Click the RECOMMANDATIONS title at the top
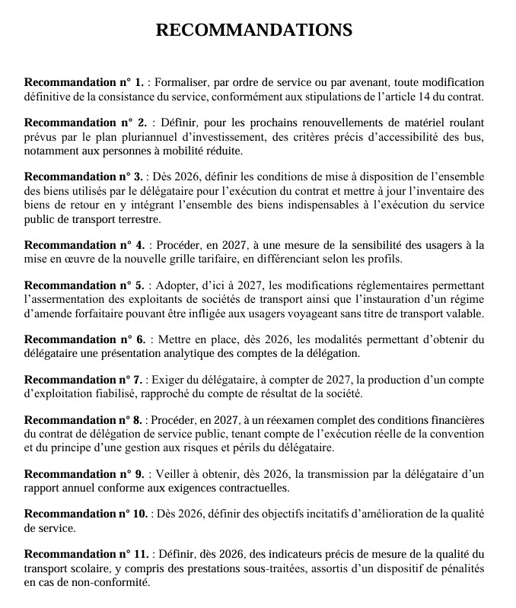coord(254,30)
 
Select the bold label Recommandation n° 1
coord(84,81)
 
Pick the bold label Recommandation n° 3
coord(84,177)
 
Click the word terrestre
coord(137,220)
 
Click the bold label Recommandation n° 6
coord(84,339)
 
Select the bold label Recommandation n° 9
coord(84,474)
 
